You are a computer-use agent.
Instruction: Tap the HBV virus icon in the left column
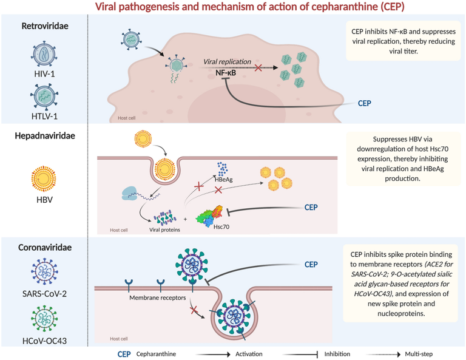(43, 181)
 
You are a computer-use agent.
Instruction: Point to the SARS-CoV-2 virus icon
(43, 268)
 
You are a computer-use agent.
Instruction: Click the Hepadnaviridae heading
(44, 136)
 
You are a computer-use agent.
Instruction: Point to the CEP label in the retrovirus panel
(364, 103)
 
